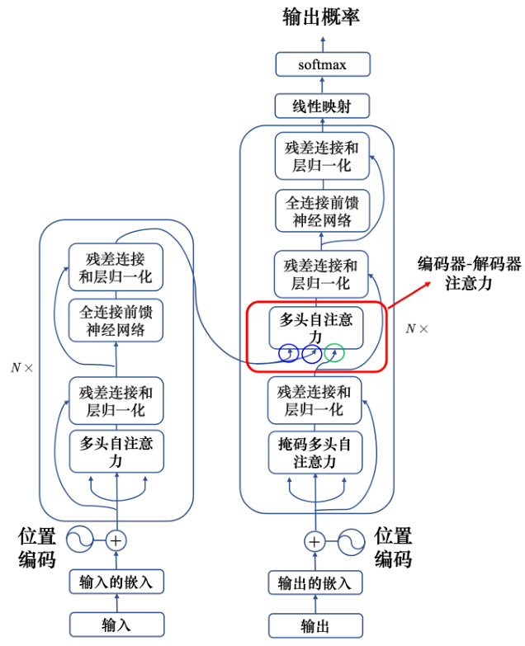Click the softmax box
322,64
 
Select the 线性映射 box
322,106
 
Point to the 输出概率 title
322,17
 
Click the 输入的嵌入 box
116,582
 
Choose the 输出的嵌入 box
315,582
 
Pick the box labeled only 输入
116,624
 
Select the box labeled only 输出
315,624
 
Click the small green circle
334,354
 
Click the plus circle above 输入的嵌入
116,540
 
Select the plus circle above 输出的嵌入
315,541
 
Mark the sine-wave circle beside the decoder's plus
349,541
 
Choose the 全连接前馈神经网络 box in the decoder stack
322,211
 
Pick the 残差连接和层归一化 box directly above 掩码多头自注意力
315,400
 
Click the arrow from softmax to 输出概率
322,42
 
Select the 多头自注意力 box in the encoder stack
116,451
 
